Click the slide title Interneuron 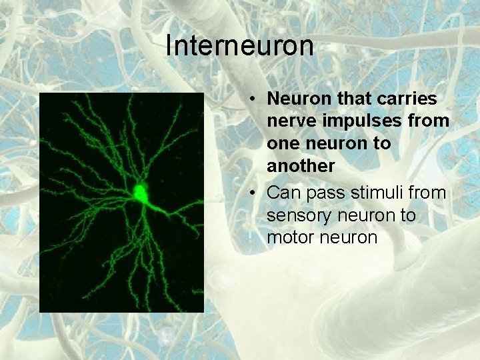pos(239,46)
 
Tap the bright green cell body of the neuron pos(141,192)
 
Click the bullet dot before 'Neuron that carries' pos(255,99)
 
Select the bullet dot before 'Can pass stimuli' pos(255,194)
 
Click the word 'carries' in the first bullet pos(411,99)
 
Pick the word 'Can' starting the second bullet pos(281,194)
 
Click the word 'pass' pos(319,194)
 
